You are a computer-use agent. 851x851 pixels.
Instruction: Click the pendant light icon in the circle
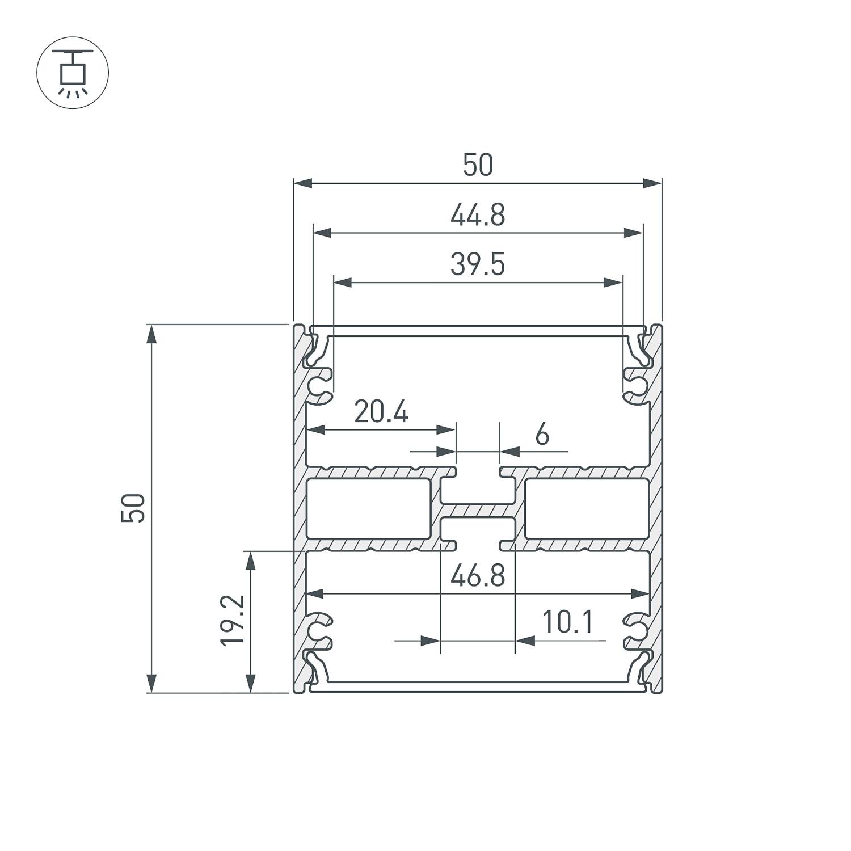72,73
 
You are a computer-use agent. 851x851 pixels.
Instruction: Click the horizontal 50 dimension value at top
478,166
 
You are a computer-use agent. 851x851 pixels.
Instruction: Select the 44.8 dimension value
478,216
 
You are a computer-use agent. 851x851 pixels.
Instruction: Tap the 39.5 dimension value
478,265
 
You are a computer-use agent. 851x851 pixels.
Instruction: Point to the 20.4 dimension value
381,412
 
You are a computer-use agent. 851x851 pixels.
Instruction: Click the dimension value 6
542,435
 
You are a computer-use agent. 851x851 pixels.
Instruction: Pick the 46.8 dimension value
478,577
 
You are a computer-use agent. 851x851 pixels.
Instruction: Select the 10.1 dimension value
568,622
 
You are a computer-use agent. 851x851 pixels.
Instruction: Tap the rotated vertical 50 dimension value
134,508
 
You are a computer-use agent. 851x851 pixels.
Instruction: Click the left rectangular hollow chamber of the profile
368,508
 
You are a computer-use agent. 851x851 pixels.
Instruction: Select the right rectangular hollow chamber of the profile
587,508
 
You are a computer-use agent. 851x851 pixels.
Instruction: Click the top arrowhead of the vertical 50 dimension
151,335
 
